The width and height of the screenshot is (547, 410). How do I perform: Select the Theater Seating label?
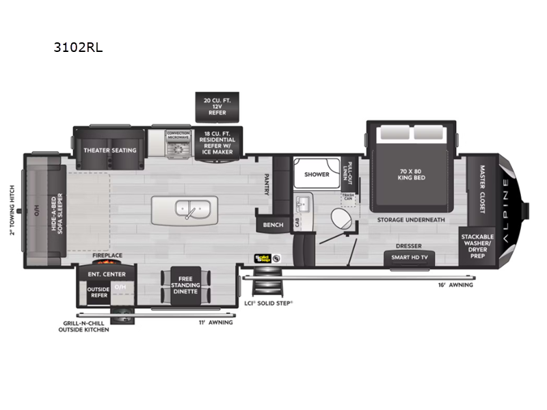[x=110, y=150]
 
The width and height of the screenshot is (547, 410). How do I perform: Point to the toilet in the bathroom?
[x=341, y=220]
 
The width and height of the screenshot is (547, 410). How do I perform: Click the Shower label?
[x=317, y=174]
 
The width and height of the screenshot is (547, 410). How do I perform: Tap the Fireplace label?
[x=108, y=256]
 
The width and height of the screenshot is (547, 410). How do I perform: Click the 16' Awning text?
[x=456, y=284]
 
